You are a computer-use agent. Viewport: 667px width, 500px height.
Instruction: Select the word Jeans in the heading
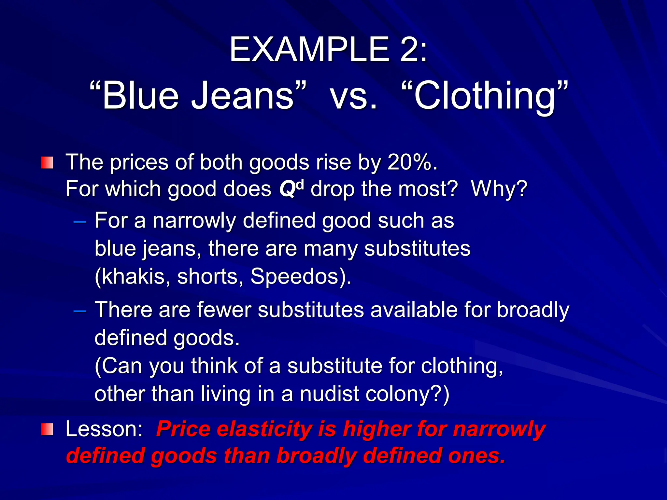[x=243, y=96]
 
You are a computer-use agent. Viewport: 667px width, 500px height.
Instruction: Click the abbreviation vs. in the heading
[x=354, y=96]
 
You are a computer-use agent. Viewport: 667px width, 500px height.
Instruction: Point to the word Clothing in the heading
[x=485, y=96]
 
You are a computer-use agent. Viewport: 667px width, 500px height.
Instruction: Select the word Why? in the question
[x=499, y=188]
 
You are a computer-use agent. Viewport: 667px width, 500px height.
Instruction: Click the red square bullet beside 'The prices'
[x=47, y=162]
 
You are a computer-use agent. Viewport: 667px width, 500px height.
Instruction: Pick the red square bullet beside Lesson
[x=47, y=429]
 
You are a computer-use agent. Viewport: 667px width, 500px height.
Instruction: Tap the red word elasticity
[x=264, y=429]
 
